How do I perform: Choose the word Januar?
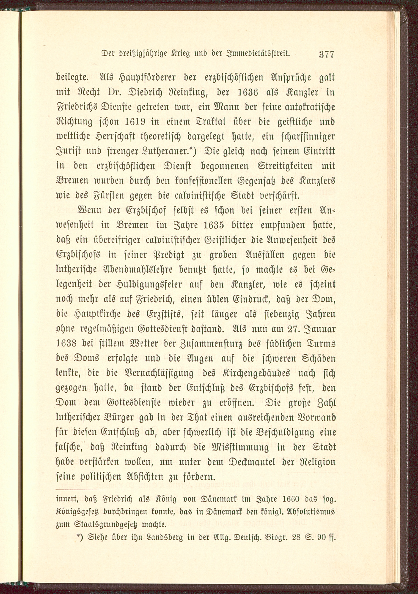click(x=321, y=329)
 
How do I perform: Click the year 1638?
click(x=66, y=344)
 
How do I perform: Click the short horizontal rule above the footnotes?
click(x=81, y=489)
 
